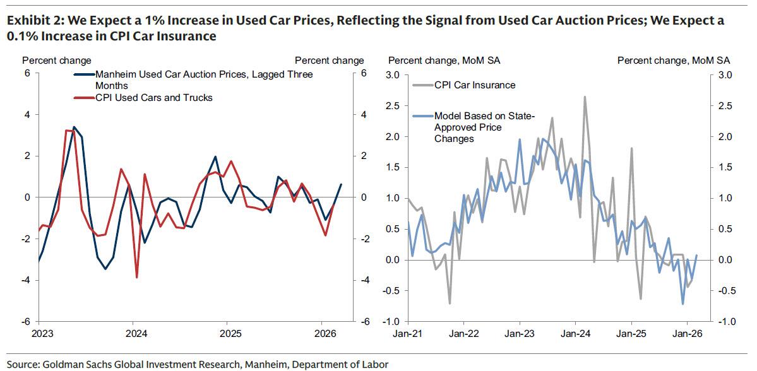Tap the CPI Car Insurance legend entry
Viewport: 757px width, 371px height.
coord(475,85)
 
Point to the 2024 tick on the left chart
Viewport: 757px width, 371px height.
coord(134,333)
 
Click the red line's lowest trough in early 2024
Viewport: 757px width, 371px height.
coord(137,277)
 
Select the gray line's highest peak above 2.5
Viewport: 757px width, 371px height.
coord(585,97)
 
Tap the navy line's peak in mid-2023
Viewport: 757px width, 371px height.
coord(74,127)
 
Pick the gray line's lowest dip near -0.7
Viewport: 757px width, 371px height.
coord(450,303)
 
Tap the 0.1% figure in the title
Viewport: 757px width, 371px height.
coord(22,36)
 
